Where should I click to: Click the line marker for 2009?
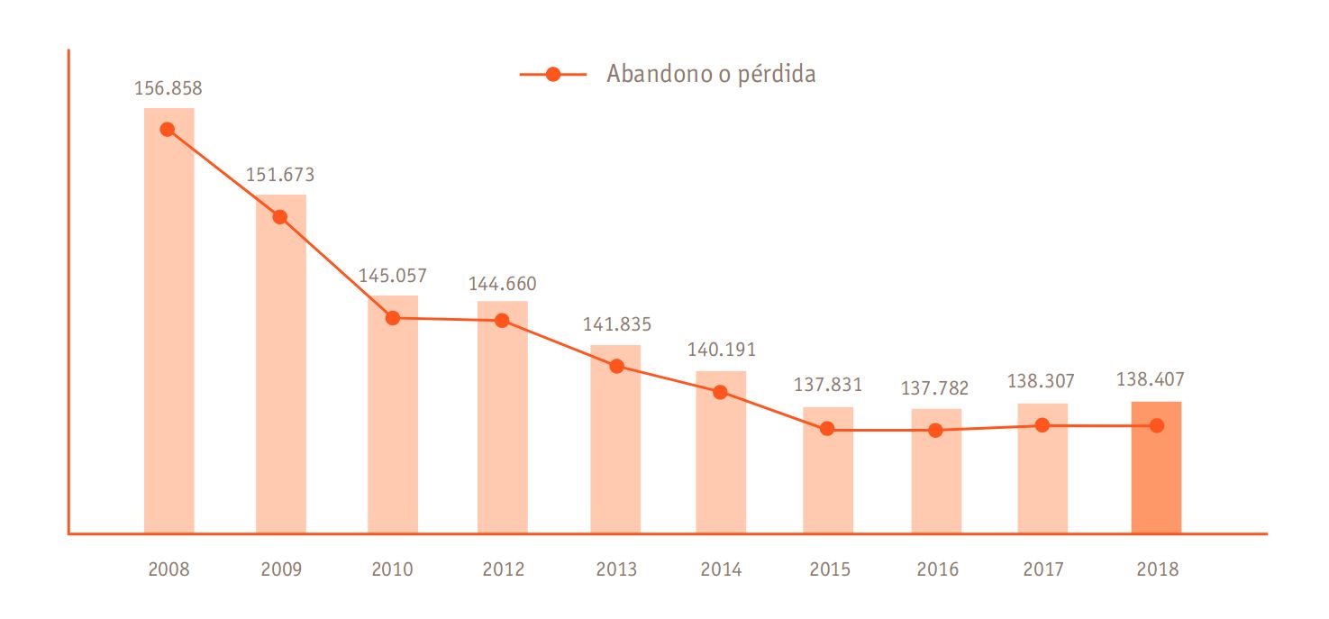(280, 217)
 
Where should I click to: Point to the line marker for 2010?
(393, 318)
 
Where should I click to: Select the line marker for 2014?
(720, 392)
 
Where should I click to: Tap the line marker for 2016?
(936, 431)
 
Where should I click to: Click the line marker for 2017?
(1042, 425)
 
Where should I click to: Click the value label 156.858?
(168, 88)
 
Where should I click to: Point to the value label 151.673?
(280, 175)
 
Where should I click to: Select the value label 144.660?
(502, 284)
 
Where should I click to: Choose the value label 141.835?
(616, 324)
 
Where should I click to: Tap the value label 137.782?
(935, 388)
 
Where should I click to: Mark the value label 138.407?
(1150, 380)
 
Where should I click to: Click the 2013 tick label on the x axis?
(616, 569)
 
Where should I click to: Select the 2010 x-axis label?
(392, 569)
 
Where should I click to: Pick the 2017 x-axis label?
(1043, 569)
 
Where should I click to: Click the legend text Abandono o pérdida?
(711, 74)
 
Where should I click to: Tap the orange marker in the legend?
(553, 75)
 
